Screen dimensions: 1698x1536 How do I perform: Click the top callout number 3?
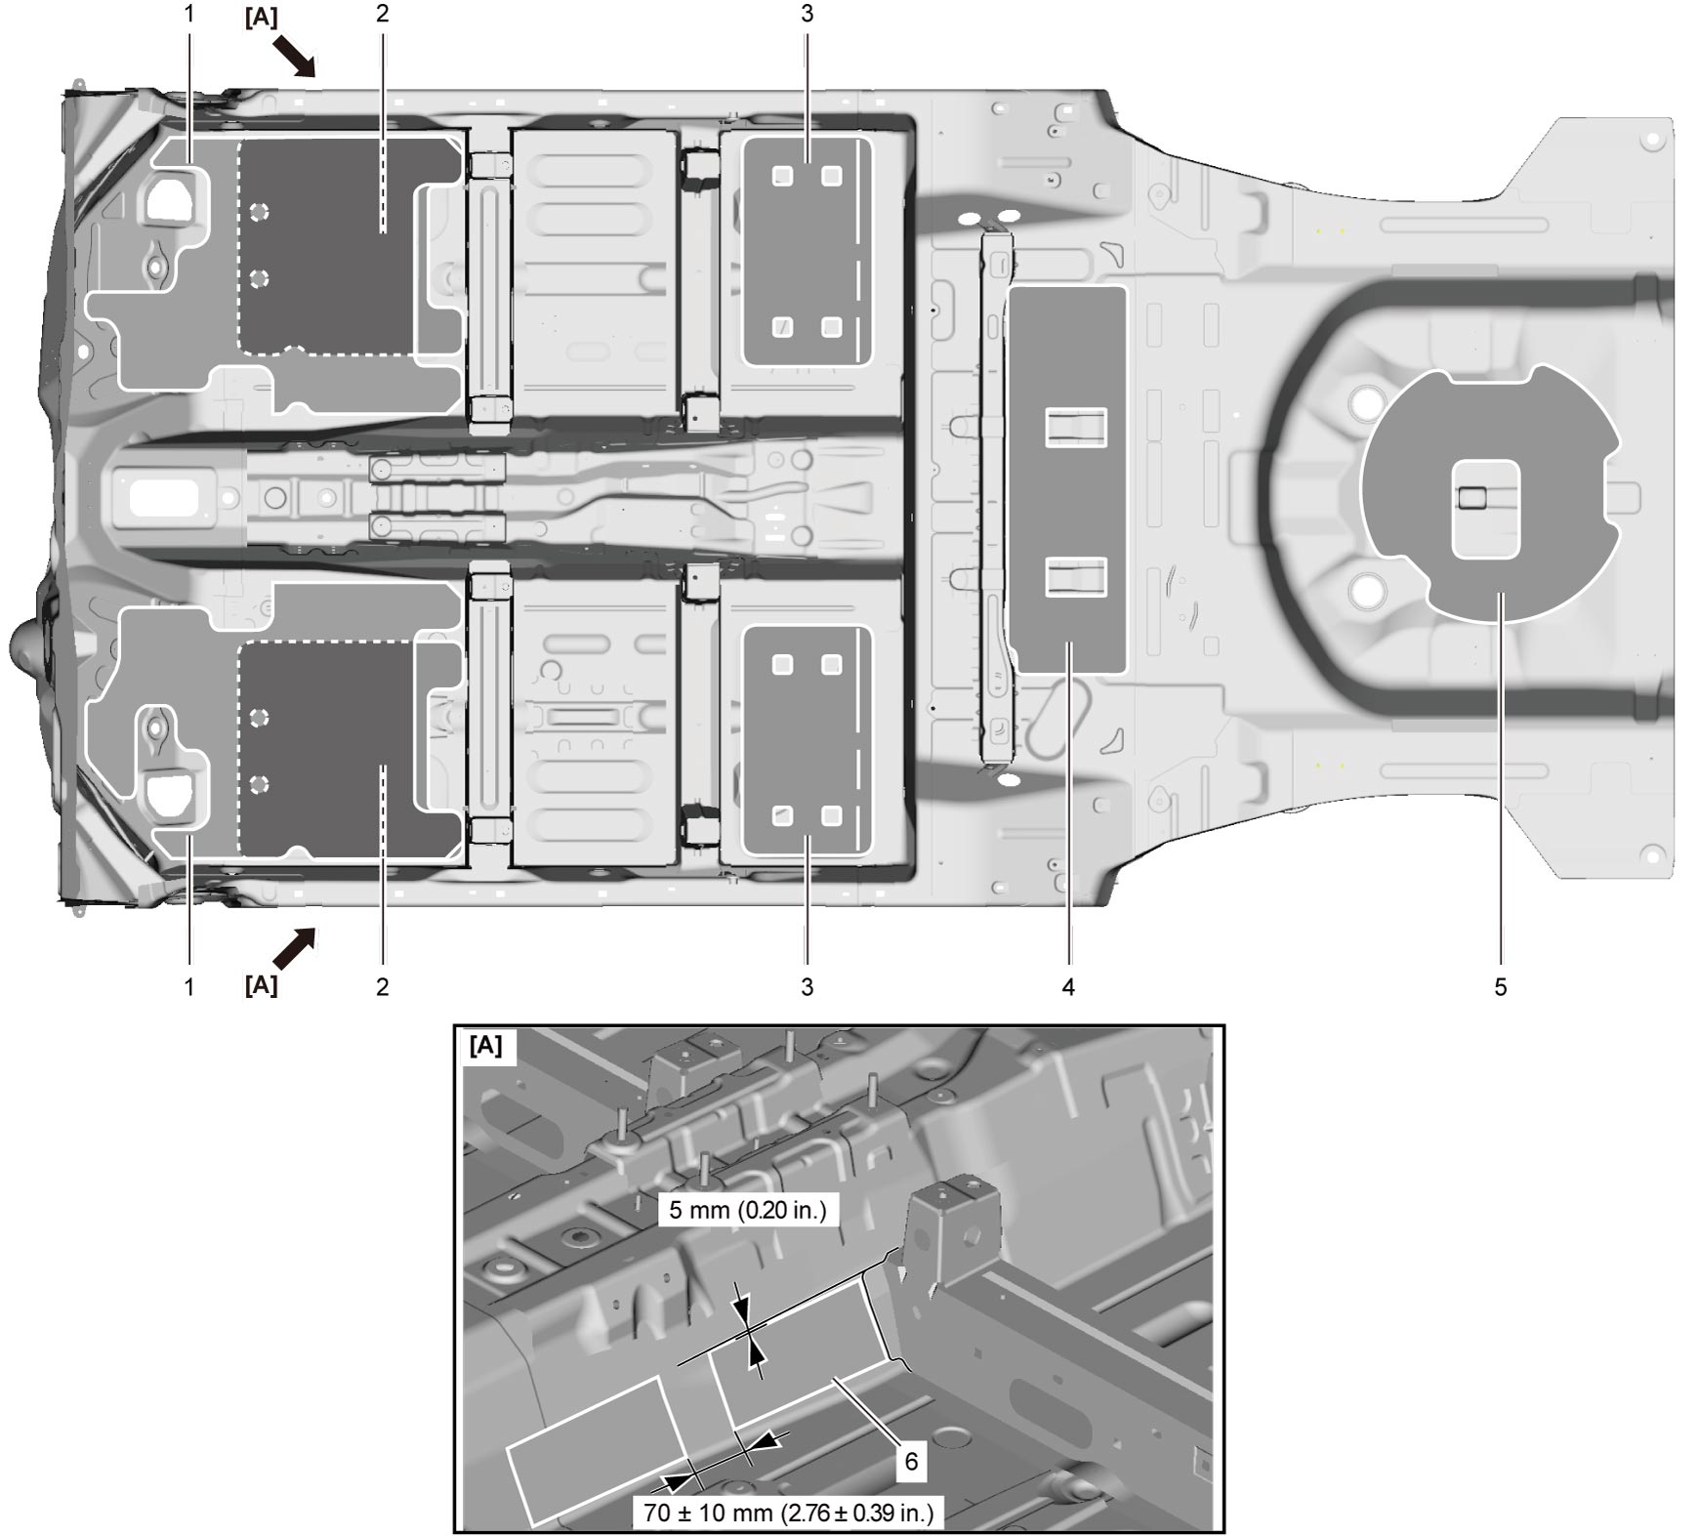pos(807,14)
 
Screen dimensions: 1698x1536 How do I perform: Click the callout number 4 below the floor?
pos(1068,987)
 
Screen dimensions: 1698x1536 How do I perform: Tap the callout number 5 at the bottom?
pos(1501,987)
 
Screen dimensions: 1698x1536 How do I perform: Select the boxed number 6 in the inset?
pos(911,1460)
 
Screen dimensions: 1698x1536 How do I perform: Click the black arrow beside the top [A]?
pos(294,56)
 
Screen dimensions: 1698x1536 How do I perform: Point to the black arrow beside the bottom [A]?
pos(294,948)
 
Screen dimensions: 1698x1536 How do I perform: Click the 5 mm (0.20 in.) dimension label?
pos(748,1210)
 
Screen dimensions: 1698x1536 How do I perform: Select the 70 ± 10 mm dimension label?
pos(789,1513)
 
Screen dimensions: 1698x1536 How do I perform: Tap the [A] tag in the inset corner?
pos(486,1046)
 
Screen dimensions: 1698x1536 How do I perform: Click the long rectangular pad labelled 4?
pos(1067,479)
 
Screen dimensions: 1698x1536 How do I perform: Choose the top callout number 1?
pos(189,14)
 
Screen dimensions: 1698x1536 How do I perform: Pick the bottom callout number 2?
pos(382,987)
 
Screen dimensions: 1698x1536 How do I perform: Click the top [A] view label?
pos(261,18)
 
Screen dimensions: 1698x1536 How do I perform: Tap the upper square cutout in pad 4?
pos(1075,428)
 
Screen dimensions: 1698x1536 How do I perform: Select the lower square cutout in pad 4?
pos(1075,576)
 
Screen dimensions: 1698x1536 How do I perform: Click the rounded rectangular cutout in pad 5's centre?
pos(1485,510)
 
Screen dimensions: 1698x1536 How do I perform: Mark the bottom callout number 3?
pos(807,987)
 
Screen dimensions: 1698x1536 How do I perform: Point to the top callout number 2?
pos(382,14)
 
